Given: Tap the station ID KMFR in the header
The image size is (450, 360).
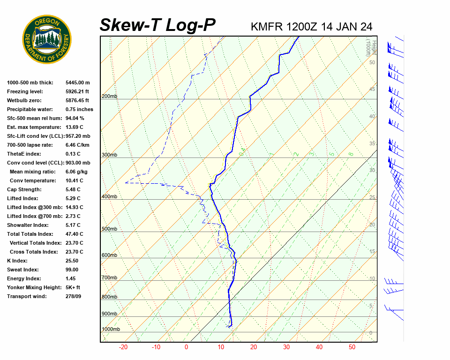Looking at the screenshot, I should (267, 26).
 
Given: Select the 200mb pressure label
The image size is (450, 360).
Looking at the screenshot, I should (110, 97).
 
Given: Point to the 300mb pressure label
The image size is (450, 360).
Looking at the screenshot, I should (110, 155).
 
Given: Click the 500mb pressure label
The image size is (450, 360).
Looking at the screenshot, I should (110, 229).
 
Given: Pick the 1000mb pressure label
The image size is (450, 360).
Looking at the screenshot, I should (111, 330).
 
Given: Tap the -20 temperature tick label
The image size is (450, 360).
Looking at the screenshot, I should (123, 347).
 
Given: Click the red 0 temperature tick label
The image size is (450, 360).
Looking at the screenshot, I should (186, 347).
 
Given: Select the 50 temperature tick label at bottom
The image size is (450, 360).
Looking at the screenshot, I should (352, 347).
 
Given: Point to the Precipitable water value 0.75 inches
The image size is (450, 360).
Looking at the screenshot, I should (79, 110).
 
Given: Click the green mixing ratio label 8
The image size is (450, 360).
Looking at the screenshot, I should (351, 154).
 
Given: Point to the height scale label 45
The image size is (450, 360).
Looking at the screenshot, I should (372, 89).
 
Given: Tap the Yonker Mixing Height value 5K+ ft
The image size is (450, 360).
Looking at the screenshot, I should (73, 288).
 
